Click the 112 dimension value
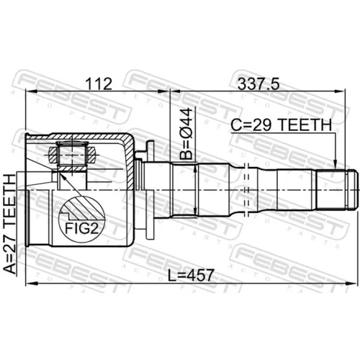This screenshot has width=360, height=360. tap(99, 84)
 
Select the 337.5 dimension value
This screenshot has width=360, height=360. tap(258, 84)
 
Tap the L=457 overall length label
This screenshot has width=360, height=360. tap(190, 275)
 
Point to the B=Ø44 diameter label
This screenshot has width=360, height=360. tap(186, 134)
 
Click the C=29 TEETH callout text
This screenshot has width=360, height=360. tap(282, 125)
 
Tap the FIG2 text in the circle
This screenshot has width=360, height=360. tap(82, 229)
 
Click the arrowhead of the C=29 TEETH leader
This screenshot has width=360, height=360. tap(336, 165)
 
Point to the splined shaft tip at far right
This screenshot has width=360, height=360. tap(351, 190)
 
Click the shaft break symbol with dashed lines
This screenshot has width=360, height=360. tap(246, 190)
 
